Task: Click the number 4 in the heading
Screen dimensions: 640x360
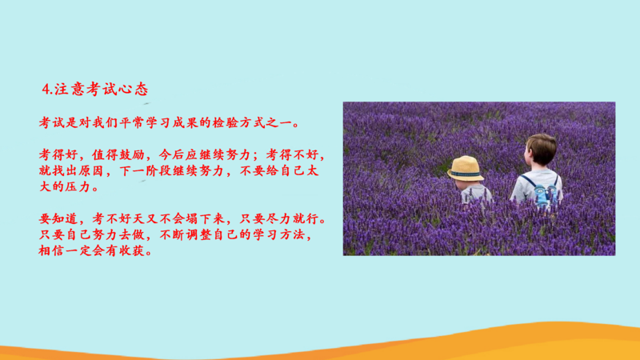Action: (46, 90)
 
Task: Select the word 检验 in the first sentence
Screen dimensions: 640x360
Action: (225, 122)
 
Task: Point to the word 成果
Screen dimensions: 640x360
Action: (185, 122)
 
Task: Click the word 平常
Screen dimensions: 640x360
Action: (132, 122)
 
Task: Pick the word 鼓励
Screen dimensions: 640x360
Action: (131, 154)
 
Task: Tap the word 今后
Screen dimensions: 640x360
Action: (171, 154)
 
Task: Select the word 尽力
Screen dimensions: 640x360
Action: (278, 218)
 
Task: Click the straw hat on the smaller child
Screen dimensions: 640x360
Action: (466, 168)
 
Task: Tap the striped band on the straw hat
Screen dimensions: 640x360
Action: (466, 174)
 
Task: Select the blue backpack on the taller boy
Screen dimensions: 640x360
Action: (544, 194)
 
